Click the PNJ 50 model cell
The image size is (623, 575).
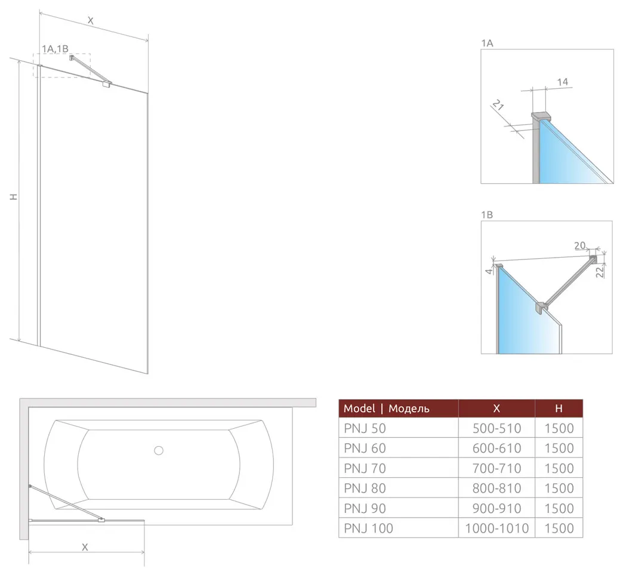(x=365, y=428)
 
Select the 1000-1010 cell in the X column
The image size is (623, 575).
(x=496, y=528)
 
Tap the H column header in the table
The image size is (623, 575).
(x=559, y=408)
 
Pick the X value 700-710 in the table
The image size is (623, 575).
(x=496, y=468)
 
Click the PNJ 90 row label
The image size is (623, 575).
(x=365, y=508)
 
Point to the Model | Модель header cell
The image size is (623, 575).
(x=386, y=408)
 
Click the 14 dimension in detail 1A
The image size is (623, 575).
(x=562, y=82)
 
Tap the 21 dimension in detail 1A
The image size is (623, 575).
(x=498, y=105)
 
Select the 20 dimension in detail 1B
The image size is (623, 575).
(x=579, y=245)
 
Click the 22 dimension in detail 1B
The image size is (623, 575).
(x=600, y=271)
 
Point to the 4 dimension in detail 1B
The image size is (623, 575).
(x=489, y=271)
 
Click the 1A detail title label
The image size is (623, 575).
(x=487, y=43)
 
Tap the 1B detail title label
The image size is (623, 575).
(x=487, y=215)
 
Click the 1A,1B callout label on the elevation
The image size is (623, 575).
(x=55, y=48)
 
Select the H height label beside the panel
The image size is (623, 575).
(x=14, y=197)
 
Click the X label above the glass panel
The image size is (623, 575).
(x=90, y=21)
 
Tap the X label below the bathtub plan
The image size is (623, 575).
(x=85, y=547)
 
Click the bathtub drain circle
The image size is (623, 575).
(x=159, y=450)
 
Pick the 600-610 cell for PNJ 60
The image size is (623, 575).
(x=496, y=448)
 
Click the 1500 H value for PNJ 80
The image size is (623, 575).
(x=559, y=488)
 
